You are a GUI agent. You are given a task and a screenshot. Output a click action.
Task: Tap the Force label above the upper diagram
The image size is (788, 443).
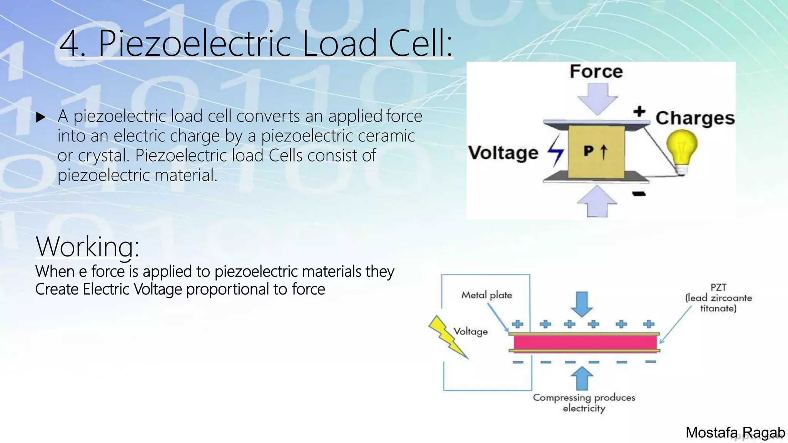(x=596, y=72)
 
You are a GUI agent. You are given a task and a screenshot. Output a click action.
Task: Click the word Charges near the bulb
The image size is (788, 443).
(x=695, y=118)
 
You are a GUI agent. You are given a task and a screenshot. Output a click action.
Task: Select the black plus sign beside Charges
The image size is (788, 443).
(x=639, y=112)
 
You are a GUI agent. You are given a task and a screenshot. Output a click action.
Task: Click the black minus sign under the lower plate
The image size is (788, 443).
(x=639, y=194)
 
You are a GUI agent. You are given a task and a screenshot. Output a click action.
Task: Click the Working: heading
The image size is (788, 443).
(x=87, y=246)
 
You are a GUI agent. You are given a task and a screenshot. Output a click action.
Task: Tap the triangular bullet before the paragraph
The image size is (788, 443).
(x=41, y=117)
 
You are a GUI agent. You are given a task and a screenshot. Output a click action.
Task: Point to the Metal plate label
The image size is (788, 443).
(x=487, y=295)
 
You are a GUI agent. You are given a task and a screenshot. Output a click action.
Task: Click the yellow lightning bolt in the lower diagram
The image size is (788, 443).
(x=447, y=336)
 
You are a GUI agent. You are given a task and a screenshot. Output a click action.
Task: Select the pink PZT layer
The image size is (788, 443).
(x=585, y=342)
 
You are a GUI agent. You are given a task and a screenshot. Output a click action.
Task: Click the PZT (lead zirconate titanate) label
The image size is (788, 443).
(x=718, y=298)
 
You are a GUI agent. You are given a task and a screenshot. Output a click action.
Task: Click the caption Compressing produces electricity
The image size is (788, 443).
(x=584, y=402)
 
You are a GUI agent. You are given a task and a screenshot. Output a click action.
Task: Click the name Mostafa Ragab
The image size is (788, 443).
(x=735, y=433)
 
